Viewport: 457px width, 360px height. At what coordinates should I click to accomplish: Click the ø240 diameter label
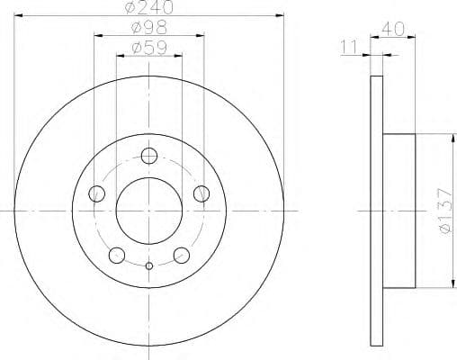148,7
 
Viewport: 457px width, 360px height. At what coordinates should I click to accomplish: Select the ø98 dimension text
148,28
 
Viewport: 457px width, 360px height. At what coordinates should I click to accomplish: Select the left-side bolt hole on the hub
96,192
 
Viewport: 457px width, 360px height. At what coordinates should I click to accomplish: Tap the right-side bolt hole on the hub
201,192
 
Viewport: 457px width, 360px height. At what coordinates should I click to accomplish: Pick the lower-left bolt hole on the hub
116,254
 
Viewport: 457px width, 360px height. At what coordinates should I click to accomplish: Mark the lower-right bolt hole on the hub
181,254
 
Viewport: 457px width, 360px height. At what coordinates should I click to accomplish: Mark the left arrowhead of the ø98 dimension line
96,36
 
